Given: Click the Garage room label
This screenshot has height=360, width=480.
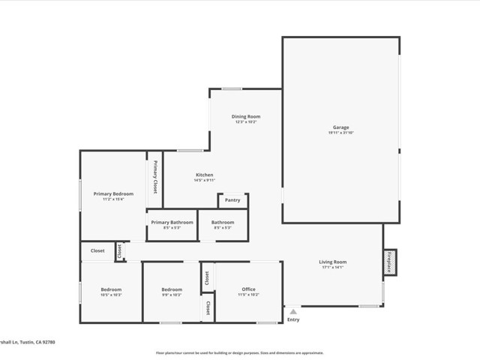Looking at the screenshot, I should pos(340,127).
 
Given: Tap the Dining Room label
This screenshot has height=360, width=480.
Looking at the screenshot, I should pos(246,116).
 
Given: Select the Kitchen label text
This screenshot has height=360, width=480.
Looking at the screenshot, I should pos(205,175).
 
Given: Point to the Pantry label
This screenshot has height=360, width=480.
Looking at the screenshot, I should pos(232,200).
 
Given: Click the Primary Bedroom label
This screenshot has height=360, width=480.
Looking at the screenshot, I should pos(113,193).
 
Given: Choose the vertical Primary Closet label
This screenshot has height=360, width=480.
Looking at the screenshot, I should pos(155,178).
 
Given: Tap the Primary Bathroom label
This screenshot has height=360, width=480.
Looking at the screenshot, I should pos(172,222).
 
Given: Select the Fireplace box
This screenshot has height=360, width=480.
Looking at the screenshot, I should pos(390,262).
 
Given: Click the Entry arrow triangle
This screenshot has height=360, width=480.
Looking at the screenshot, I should pos(293,311).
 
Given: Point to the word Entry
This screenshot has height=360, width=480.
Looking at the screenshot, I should pos(293,320).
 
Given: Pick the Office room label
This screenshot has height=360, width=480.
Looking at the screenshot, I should pos(248,289).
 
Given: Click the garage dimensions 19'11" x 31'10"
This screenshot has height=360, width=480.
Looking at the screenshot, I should pos(340,133).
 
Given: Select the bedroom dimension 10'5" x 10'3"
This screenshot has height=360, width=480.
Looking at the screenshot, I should pos(111,295).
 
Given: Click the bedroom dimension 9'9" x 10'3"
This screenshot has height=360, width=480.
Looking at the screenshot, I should pos(172,295).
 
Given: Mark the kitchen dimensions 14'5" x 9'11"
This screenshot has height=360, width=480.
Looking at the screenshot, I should pos(205,180).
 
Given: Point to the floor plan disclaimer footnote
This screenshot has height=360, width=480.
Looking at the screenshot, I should pos(239,352).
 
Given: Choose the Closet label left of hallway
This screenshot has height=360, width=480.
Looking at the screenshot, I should pos(97,250).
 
